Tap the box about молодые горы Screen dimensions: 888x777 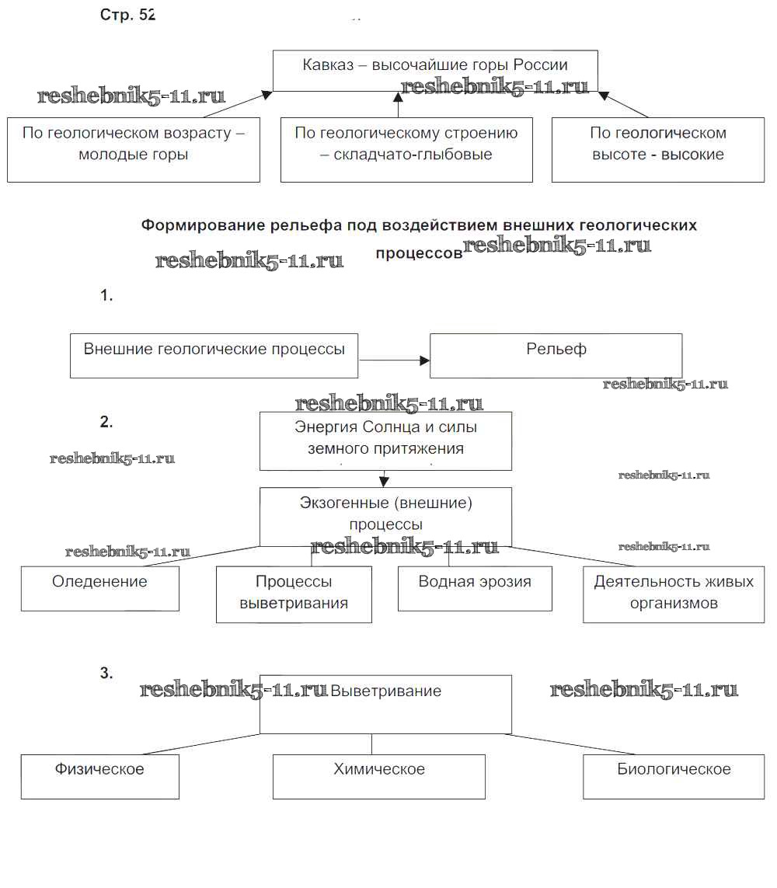134,149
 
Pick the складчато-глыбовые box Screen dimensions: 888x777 406,149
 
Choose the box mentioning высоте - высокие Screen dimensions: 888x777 657,149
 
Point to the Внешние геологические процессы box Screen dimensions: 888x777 214,356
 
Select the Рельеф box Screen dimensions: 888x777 556,355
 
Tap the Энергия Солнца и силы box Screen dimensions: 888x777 385,441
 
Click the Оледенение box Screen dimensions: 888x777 99,588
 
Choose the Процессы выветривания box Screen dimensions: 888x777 294,594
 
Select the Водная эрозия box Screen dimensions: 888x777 475,588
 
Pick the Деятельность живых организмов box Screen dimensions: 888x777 673,594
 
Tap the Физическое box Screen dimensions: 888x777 99,776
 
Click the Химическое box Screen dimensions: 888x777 378,776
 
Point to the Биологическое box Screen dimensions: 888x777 673,776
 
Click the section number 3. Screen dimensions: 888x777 106,673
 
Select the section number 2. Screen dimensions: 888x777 106,423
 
